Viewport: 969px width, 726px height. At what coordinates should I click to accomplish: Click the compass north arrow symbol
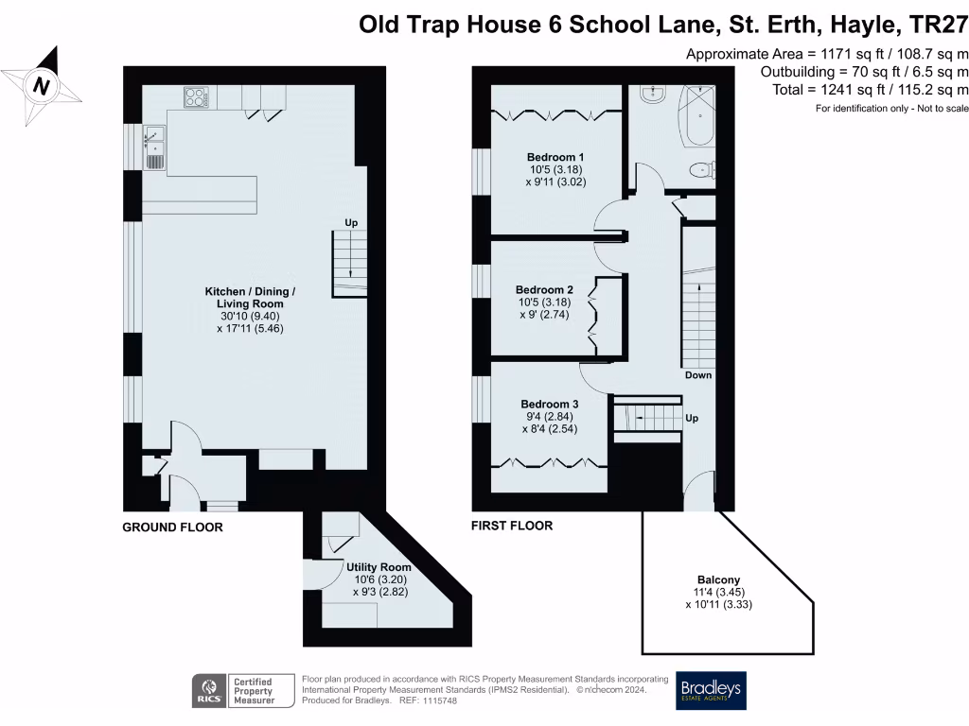[41, 86]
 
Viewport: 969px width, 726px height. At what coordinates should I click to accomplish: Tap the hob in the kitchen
[197, 96]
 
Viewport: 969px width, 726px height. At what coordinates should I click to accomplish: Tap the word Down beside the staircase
[698, 375]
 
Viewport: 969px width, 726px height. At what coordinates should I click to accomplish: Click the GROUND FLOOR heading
[172, 527]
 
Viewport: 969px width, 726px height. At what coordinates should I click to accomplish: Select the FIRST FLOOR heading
[511, 526]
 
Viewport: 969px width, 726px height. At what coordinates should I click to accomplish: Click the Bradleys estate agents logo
[710, 691]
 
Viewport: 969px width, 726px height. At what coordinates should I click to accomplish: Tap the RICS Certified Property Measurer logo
[234, 691]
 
